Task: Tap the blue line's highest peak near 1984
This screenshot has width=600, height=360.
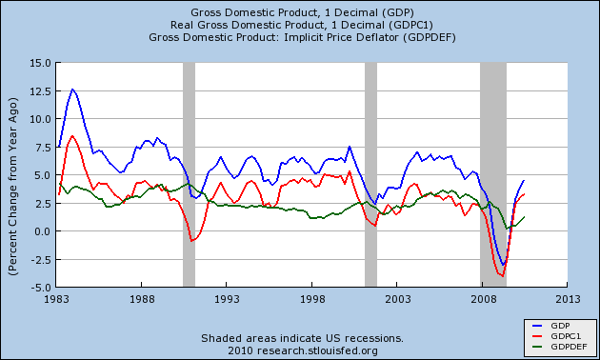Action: click(x=72, y=90)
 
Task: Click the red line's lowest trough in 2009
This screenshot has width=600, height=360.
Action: click(x=502, y=276)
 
